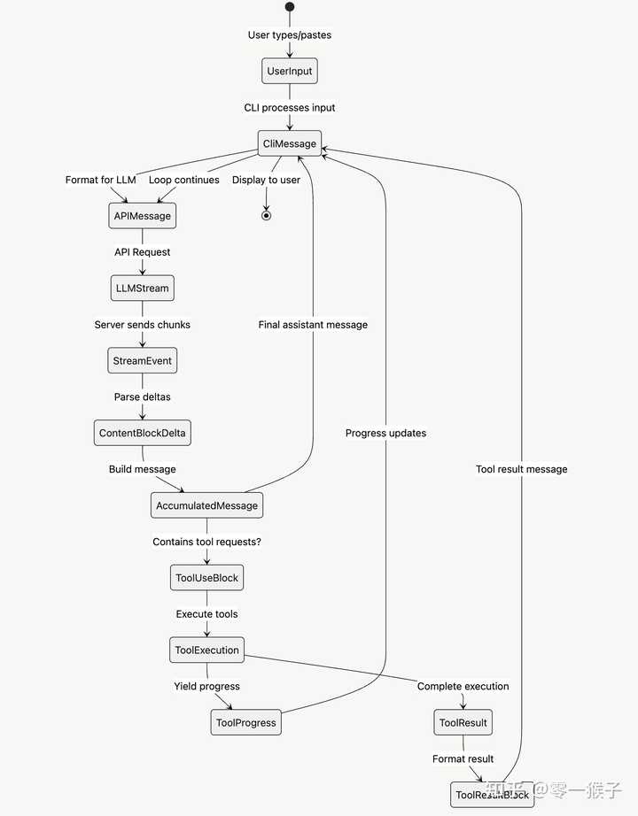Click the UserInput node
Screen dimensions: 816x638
(x=290, y=71)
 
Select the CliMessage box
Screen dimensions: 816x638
(x=290, y=143)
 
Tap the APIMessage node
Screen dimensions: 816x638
(x=142, y=216)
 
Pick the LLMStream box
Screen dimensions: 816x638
(x=142, y=289)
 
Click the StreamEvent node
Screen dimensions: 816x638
(x=142, y=361)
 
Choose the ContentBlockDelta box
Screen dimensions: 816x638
(x=142, y=434)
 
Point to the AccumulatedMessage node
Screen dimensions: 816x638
(x=206, y=505)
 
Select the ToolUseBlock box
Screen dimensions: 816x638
(x=206, y=578)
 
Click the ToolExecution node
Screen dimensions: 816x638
(x=206, y=650)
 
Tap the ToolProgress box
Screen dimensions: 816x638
(x=246, y=722)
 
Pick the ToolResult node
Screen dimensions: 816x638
(x=463, y=722)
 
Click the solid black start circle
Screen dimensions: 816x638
(x=290, y=7)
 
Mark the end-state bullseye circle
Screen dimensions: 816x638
(x=266, y=215)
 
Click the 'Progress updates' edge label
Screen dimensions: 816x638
(x=385, y=433)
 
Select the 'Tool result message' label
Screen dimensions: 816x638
(x=521, y=469)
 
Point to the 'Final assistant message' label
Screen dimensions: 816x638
(x=313, y=325)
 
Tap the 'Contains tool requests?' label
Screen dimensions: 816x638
(x=206, y=542)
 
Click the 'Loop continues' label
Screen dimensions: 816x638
(x=183, y=180)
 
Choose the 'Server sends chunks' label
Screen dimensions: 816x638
(x=142, y=325)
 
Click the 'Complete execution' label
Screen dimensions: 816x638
(x=463, y=686)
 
